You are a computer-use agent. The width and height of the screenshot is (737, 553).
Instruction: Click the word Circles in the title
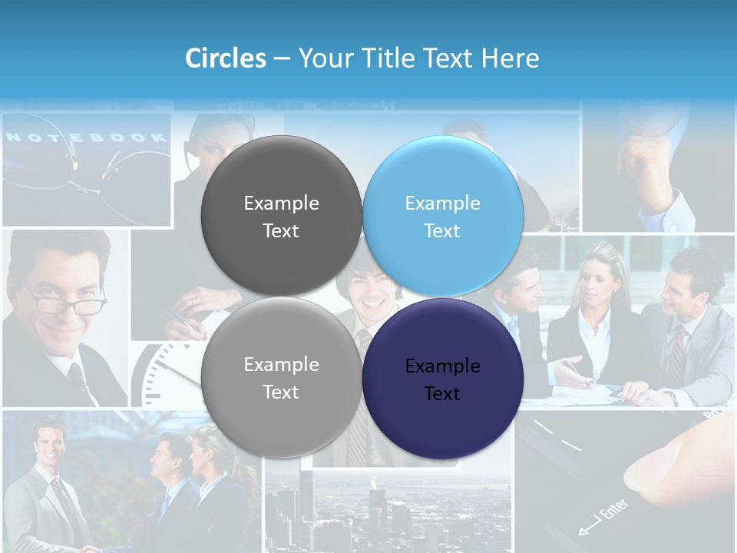[225, 58]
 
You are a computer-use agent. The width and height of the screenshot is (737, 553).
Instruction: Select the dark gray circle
[281, 216]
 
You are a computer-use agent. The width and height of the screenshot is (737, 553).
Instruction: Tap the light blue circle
[443, 216]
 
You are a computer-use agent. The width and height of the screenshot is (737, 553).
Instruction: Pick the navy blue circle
[443, 379]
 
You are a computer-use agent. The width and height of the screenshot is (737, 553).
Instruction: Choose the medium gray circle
[281, 378]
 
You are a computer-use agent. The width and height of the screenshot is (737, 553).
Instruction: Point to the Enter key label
[611, 512]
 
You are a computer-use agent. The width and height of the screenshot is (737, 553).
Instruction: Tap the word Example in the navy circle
[443, 366]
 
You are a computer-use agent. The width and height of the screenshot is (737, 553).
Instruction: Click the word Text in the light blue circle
[442, 230]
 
